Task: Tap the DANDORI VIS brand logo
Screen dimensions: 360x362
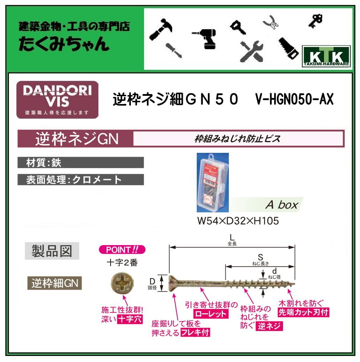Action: point(57,99)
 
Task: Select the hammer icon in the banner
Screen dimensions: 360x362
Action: point(161,27)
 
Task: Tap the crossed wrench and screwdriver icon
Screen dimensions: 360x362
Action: point(251,50)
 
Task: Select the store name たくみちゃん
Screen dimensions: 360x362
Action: point(64,45)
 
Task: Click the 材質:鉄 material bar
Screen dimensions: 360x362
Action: point(81,162)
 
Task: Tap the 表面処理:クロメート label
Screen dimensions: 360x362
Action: point(81,180)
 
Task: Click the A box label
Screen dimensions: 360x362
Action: point(282,205)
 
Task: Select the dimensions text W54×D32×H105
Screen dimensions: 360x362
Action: point(238,221)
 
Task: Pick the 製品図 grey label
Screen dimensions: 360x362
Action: point(52,251)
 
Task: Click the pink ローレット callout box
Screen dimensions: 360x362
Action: point(210,314)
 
